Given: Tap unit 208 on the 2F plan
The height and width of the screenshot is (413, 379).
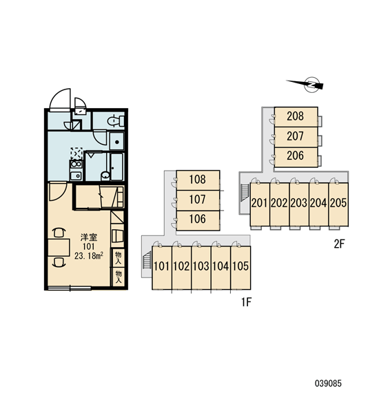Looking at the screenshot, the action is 296,117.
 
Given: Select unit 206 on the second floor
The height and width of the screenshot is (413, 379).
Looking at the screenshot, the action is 296,157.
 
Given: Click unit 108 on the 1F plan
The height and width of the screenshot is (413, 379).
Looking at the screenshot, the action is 198,180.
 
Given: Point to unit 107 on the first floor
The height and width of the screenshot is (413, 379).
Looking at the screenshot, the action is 198,200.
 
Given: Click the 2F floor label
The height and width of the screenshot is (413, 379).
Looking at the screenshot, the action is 339,244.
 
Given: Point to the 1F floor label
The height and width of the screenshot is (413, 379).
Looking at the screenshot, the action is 246,302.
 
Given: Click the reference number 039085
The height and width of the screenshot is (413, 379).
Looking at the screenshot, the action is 328,383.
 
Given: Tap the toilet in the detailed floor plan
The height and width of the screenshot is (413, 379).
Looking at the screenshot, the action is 116,120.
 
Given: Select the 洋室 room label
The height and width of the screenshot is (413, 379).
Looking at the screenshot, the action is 89,237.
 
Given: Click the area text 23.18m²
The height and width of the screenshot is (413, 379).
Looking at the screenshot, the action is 89,256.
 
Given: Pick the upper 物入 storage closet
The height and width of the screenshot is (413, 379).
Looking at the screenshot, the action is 119,258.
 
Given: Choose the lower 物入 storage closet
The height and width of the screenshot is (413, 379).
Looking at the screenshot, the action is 119,277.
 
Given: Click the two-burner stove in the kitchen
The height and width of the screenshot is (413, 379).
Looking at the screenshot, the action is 76,165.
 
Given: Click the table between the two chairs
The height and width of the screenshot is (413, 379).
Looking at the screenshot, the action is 59,248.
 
